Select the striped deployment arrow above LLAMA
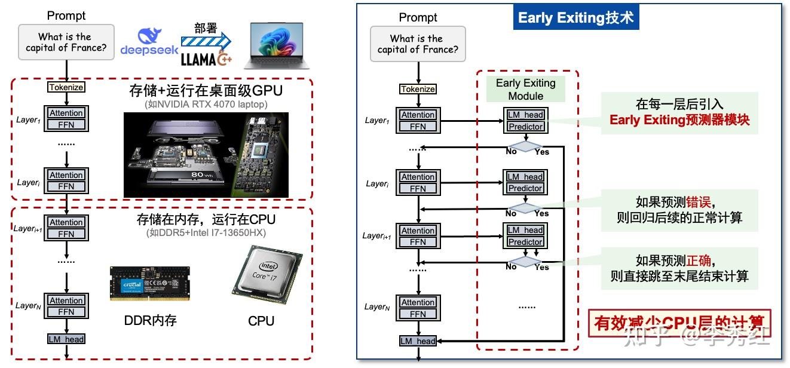(206, 41)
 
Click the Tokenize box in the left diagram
(66, 87)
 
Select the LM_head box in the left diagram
(66, 339)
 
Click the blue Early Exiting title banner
(575, 18)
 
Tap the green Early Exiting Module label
(526, 89)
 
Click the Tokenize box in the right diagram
(418, 89)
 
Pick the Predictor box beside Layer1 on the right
(525, 127)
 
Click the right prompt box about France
(418, 44)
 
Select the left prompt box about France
(66, 42)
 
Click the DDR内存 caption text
(150, 321)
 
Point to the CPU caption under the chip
(261, 321)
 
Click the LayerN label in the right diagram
(377, 306)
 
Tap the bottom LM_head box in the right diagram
(418, 341)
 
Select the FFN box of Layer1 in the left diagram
(66, 124)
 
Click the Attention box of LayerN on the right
(418, 302)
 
